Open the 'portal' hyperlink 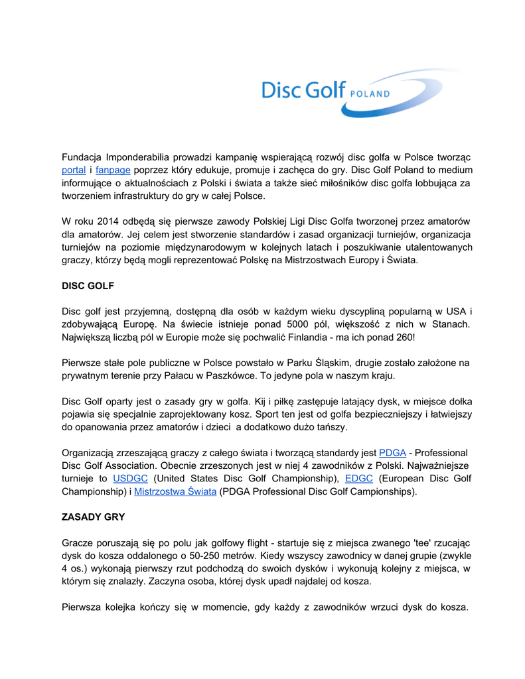tap(74, 170)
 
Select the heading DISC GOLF tap(88, 286)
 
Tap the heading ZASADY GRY tap(93, 516)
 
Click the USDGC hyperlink tap(130, 479)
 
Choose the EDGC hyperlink tap(359, 479)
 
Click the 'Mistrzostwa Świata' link tap(175, 492)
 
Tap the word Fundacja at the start tap(81, 157)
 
